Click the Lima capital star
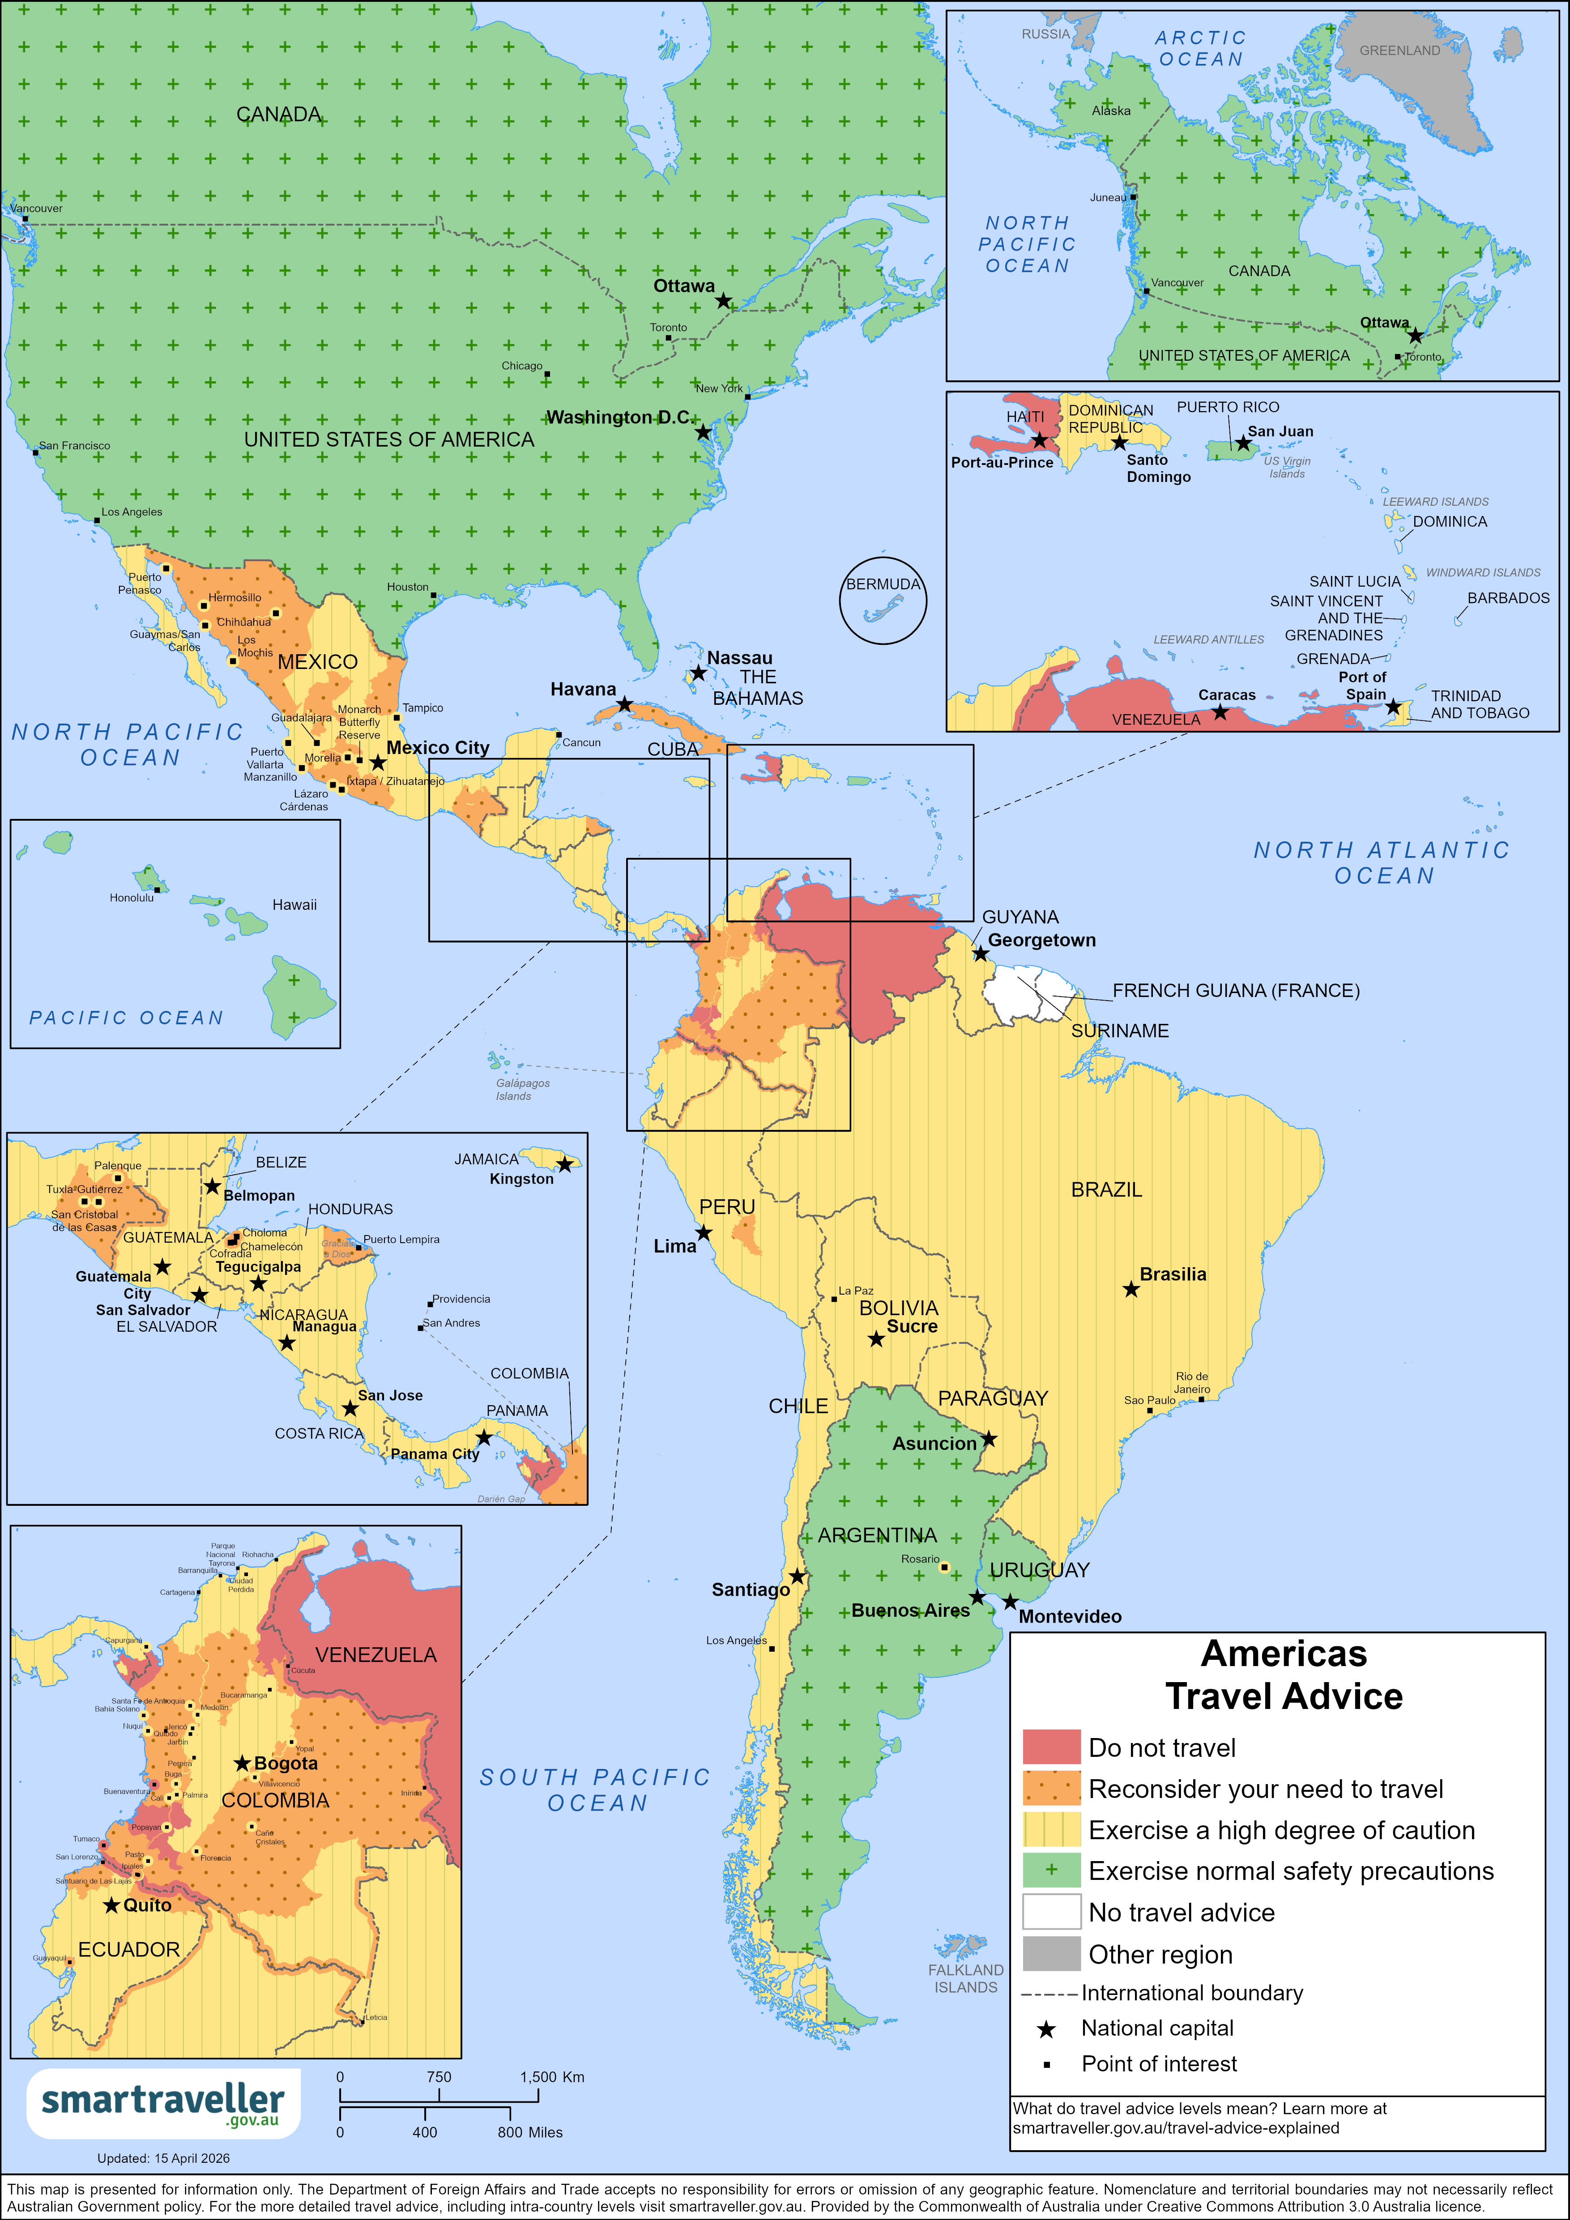704,1233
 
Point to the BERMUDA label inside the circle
883,584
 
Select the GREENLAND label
1399,50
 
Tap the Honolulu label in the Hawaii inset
132,897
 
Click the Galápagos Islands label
522,1089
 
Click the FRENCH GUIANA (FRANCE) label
1236,990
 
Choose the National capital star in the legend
1046,2028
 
